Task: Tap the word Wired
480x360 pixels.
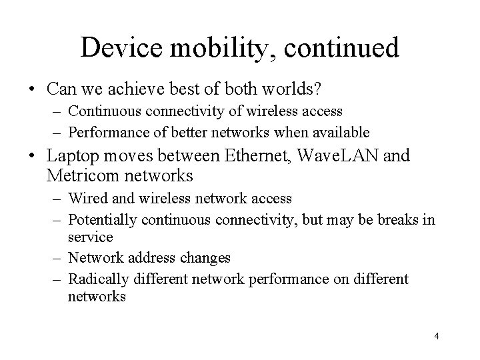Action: coord(85,198)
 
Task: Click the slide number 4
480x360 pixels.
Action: coord(436,336)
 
